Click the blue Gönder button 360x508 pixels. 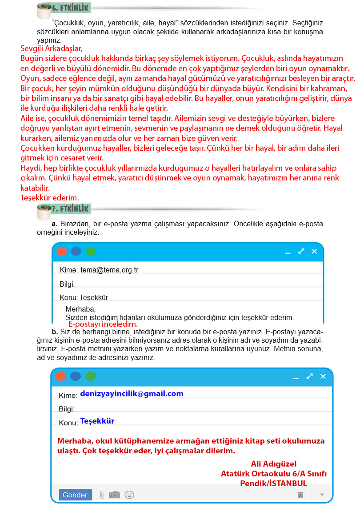75,495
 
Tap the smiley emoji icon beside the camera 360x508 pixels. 129,495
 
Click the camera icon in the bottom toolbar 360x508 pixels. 115,495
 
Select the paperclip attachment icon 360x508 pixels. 102,495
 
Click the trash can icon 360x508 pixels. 300,495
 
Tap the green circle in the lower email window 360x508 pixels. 91,376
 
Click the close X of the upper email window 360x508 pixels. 314,252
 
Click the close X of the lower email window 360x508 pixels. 323,376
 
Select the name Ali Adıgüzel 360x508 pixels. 273,464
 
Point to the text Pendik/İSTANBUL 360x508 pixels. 273,483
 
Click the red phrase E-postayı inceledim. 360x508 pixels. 103,324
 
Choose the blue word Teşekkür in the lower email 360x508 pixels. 97,421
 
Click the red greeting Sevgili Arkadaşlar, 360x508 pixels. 52,48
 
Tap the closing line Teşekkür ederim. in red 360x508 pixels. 50,198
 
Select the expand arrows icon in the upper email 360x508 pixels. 301,252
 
